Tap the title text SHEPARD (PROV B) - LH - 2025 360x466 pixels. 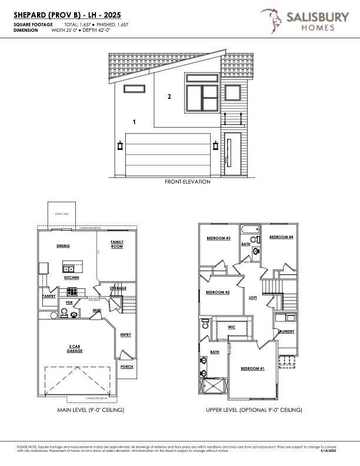[66, 15]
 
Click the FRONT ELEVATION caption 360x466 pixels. [187, 182]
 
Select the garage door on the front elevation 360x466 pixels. [168, 155]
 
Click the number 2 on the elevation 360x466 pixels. [169, 96]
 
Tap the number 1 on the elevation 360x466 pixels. [134, 122]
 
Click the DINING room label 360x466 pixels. [64, 246]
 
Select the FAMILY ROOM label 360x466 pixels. [117, 244]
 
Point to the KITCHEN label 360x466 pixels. [72, 277]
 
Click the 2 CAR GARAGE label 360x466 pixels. [74, 349]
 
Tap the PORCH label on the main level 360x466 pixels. [126, 367]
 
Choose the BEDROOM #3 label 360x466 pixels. [218, 238]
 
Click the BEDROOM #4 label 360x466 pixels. [281, 237]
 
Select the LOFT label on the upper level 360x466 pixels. [253, 298]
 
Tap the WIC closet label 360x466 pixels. [232, 326]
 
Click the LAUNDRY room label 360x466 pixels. [286, 331]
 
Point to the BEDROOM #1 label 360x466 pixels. [252, 368]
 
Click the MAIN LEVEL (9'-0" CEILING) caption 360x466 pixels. [91, 410]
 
